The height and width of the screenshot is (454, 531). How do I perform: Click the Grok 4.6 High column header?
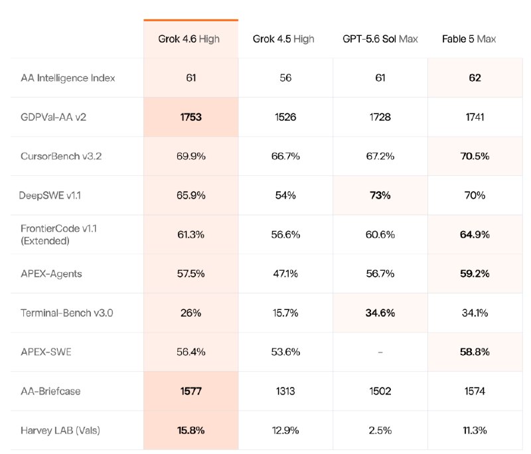189,39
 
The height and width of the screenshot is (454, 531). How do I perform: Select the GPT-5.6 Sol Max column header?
380,39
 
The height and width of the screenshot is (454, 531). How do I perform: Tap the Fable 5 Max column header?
469,39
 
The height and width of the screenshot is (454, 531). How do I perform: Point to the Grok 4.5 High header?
283,39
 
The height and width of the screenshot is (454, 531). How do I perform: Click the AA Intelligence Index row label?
68,78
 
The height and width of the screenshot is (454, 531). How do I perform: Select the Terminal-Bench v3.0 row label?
67,313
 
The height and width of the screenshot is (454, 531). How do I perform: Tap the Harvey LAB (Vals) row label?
60,431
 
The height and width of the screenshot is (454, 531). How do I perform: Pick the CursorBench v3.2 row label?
61,156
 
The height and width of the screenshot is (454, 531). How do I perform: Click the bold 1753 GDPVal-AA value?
191,117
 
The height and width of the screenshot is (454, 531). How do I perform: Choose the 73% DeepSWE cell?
380,195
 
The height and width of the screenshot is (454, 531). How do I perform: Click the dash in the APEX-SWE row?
380,352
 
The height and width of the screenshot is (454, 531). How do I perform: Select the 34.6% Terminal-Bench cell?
380,313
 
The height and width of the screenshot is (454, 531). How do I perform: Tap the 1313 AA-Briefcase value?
285,392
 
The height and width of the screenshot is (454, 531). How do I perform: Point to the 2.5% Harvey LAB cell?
380,431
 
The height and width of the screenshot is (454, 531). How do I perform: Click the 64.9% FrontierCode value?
475,234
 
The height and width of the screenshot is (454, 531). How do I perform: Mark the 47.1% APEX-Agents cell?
285,273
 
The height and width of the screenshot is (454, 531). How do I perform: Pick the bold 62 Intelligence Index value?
475,78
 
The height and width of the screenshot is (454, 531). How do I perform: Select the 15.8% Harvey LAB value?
191,431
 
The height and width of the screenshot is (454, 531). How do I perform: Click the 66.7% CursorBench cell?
285,156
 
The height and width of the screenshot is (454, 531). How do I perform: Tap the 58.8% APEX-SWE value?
475,352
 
